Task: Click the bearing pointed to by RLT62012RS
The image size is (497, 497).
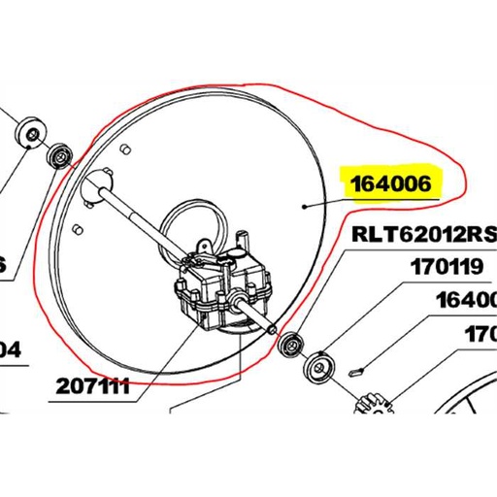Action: [x=288, y=343]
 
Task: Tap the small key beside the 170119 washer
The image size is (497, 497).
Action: [x=355, y=368]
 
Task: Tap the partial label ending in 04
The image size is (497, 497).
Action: [x=10, y=348]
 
